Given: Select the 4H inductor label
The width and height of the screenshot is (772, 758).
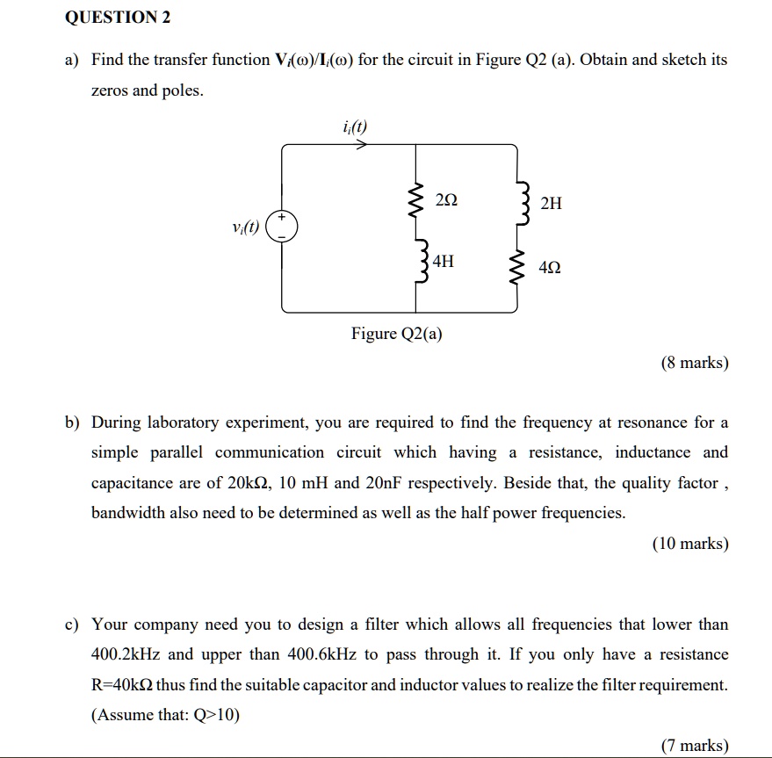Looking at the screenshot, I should click(444, 261).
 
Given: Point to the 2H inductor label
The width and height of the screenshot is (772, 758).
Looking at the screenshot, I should click(551, 204).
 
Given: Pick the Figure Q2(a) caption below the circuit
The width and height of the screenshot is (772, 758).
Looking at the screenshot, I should click(397, 334).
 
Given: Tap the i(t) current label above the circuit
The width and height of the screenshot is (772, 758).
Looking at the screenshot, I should click(355, 127).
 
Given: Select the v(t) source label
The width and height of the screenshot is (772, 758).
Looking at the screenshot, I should click(246, 227).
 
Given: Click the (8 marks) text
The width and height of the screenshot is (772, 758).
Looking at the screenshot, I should click(695, 363).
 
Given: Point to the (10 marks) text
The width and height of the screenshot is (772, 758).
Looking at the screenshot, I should click(690, 544).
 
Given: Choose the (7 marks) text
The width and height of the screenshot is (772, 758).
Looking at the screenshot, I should click(695, 746).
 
